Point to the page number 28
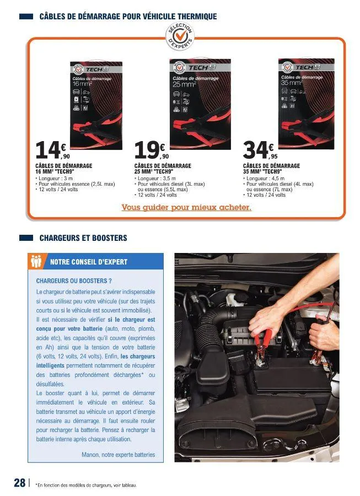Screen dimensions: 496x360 click(x=19, y=483)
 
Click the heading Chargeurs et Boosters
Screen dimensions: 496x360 click(x=83, y=238)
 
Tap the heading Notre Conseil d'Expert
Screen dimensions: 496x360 click(x=89, y=262)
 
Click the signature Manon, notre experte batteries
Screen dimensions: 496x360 click(x=118, y=455)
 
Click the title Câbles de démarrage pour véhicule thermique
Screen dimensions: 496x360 click(x=128, y=17)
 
